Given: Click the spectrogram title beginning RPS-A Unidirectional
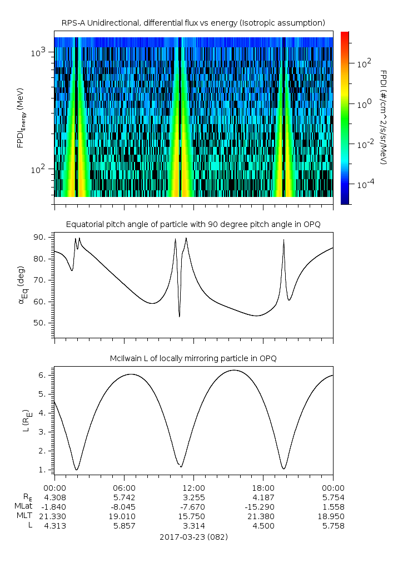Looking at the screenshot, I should point(193,23).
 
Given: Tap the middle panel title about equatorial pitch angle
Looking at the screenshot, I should point(193,224).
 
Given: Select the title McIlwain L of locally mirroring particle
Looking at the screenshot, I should point(193,358).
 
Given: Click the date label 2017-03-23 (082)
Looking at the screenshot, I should point(193,537).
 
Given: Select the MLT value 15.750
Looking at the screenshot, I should point(193,516).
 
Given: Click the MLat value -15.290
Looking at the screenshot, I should point(263,506).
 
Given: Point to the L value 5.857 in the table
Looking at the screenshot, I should point(123,526).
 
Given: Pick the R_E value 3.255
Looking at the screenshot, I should point(193,496).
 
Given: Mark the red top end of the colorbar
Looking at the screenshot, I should point(345,34).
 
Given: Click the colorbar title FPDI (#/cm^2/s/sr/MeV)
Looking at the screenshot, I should point(384,117).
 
